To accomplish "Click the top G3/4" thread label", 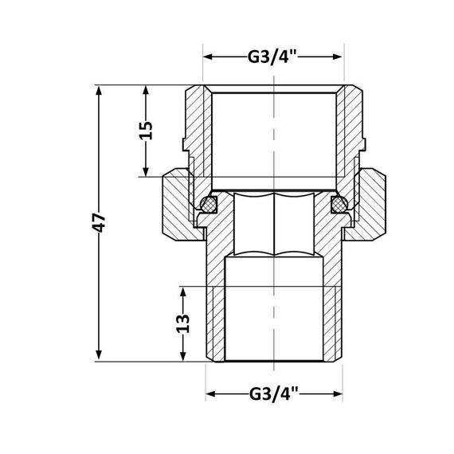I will coord(272,57).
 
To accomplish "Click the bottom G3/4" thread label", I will coord(273,393).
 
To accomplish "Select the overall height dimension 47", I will coord(100,224).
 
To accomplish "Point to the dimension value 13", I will coord(184,323).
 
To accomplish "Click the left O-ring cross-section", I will coord(209,204).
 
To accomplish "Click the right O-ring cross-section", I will coord(337,204).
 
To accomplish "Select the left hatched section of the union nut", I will coord(178,205).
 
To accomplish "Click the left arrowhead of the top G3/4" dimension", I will coord(209,57).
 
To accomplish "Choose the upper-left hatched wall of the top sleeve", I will coord(198,119).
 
